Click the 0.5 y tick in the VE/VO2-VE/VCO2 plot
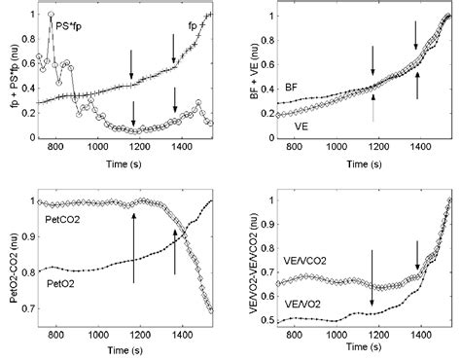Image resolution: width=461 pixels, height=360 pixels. click(x=259, y=319)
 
